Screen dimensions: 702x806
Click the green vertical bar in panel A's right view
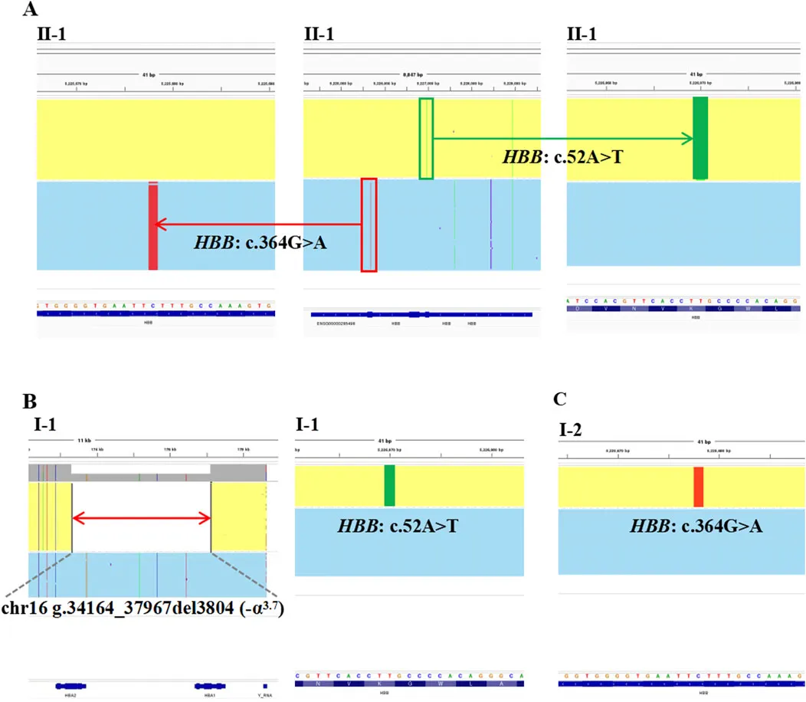700,138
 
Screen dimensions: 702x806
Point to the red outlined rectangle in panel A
369,225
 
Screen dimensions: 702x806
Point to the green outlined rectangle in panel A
426,138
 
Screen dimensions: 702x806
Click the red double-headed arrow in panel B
141,518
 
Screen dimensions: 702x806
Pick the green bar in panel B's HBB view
389,485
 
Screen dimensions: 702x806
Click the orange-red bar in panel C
698,487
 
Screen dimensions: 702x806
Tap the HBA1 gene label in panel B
207,695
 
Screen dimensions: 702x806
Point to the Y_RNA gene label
264,695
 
